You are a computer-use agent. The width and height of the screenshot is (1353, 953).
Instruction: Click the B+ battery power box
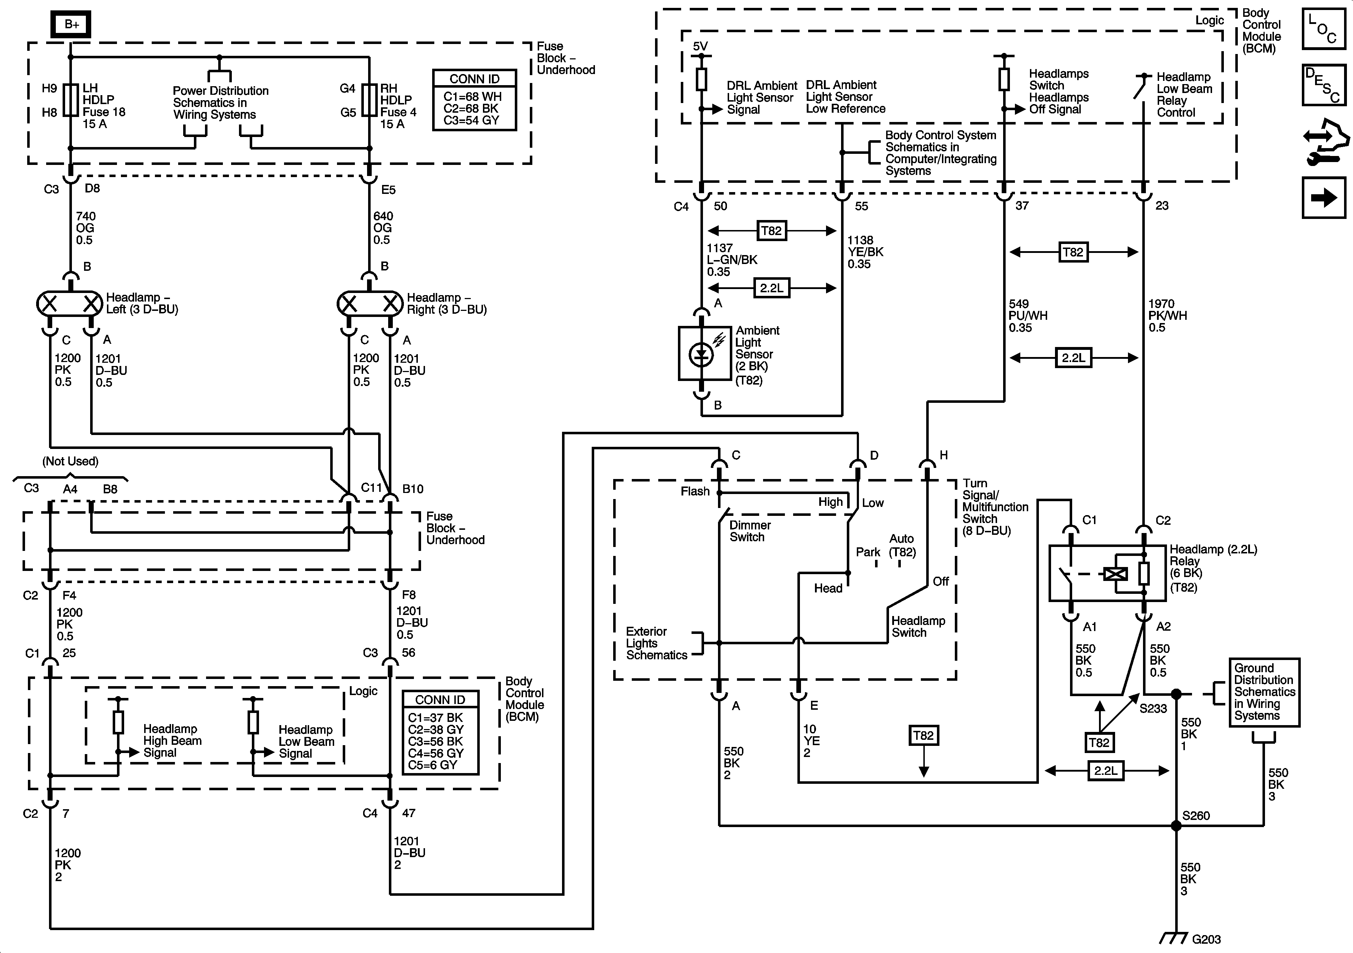(71, 24)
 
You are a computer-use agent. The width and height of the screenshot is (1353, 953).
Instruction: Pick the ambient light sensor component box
(701, 353)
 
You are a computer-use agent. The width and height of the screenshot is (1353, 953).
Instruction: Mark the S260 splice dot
(1176, 826)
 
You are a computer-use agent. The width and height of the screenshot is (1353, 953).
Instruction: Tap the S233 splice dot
(1176, 694)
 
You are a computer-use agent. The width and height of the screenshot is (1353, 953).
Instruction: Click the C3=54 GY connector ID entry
(472, 120)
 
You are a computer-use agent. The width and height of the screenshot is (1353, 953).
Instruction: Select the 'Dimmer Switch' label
(749, 531)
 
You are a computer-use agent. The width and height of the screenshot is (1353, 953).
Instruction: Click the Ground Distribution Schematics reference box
(1264, 692)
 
